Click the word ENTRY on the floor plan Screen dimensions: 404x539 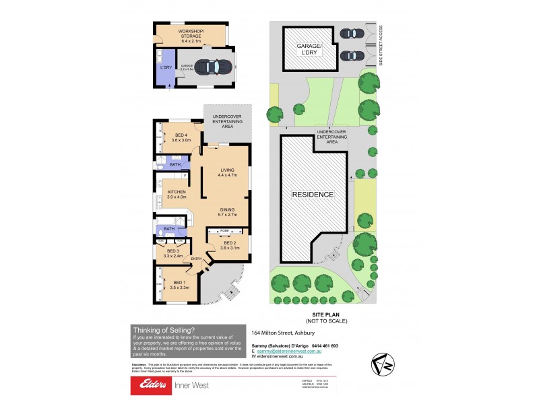197,259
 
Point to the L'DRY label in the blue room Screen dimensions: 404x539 164,67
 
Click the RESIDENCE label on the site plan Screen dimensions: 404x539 312,195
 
